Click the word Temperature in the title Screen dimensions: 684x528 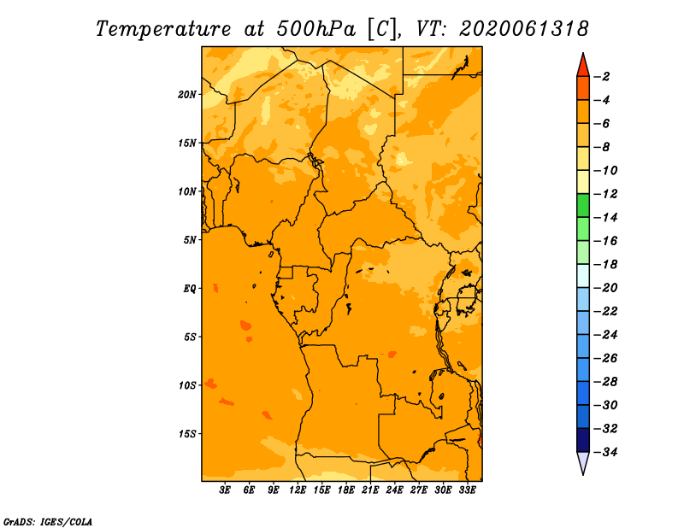click(163, 29)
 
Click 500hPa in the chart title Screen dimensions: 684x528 click(315, 29)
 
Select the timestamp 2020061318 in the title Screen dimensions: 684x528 click(524, 29)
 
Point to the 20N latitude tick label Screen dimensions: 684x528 click(187, 95)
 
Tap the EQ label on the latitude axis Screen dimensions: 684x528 click(190, 289)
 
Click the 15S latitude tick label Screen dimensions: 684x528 click(187, 434)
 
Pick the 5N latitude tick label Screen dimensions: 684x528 click(190, 240)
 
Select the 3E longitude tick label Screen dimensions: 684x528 click(225, 490)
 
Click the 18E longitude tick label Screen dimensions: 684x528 click(346, 490)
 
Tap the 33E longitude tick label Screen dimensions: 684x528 click(467, 490)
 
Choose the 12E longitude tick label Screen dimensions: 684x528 click(298, 490)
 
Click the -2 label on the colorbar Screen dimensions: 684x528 click(603, 77)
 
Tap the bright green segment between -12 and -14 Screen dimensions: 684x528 click(583, 205)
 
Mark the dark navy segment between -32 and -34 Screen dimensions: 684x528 click(583, 440)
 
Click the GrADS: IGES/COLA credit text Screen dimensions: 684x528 click(48, 521)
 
